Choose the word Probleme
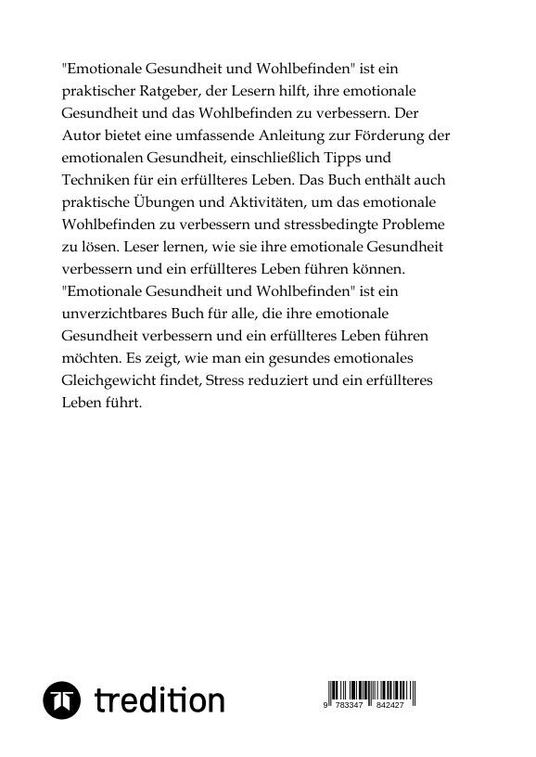point(417,225)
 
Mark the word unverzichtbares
point(115,314)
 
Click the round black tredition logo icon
point(63,700)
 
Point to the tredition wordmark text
point(160,700)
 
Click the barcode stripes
point(371,691)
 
